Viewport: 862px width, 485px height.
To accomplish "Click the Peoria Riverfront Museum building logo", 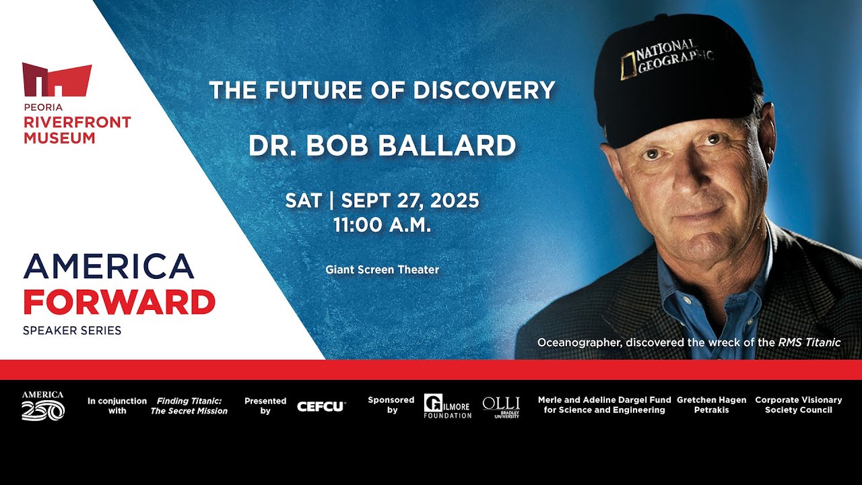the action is (57, 79).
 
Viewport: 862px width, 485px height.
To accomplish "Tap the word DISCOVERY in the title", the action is (484, 90).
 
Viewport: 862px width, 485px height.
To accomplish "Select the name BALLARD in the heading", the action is (446, 145).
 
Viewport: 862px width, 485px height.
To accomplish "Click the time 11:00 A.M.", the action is (382, 225).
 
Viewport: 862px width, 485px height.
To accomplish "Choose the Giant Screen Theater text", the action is (382, 269).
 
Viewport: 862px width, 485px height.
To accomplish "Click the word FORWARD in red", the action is (119, 302).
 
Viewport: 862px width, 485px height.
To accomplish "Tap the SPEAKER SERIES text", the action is (72, 330).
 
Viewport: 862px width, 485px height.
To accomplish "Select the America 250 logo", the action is (42, 406).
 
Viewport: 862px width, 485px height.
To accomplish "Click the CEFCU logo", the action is (321, 406).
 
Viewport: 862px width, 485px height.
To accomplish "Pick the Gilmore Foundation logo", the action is (448, 406).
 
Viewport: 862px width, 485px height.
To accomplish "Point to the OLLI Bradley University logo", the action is (501, 408).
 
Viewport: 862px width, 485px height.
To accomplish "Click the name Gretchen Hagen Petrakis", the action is (712, 405).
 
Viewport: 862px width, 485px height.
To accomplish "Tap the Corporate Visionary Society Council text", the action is (799, 405).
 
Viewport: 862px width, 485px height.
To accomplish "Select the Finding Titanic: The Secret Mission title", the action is (189, 406).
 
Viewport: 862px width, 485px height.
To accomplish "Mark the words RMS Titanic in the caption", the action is (809, 343).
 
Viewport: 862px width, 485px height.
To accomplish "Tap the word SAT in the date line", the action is (303, 201).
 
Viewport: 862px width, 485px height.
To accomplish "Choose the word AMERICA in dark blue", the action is (108, 266).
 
